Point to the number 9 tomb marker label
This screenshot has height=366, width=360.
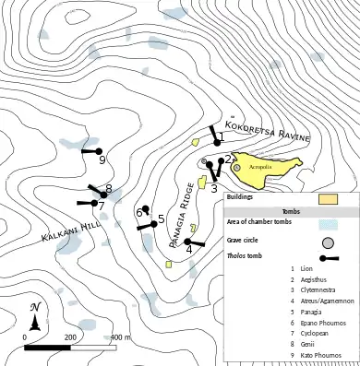pyautogui.click(x=103, y=159)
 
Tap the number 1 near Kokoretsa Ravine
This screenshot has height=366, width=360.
pyautogui.click(x=220, y=137)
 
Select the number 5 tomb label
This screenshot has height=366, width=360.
pyautogui.click(x=161, y=218)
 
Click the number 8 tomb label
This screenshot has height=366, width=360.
pyautogui.click(x=109, y=190)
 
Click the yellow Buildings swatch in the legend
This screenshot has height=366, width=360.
pyautogui.click(x=329, y=198)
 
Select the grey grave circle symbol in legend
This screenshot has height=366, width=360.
pyautogui.click(x=328, y=242)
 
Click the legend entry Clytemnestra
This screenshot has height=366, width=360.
pyautogui.click(x=319, y=290)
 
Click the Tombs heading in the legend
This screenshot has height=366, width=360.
pyautogui.click(x=291, y=210)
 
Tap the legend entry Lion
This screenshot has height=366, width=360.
pyautogui.click(x=306, y=268)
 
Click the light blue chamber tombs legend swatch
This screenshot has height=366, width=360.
pyautogui.click(x=329, y=223)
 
